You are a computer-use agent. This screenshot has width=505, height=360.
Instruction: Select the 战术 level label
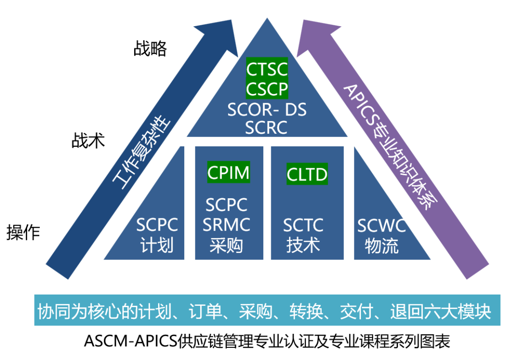click(x=88, y=140)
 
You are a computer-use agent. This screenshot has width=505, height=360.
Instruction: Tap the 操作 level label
click(x=23, y=232)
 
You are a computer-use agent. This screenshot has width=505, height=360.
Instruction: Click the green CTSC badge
click(x=267, y=70)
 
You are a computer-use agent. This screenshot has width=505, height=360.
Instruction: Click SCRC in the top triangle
click(x=267, y=128)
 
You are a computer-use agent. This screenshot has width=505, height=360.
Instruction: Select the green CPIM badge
click(x=228, y=173)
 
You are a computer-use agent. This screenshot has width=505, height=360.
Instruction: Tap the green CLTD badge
click(x=307, y=174)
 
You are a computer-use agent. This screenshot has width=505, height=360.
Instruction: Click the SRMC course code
click(x=227, y=225)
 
